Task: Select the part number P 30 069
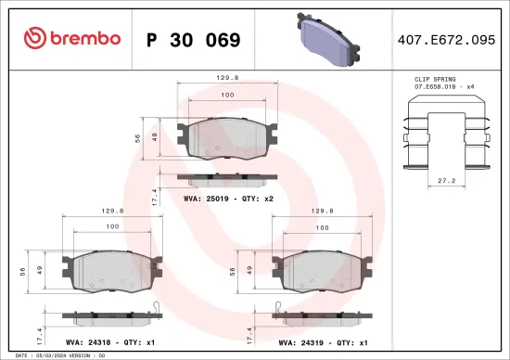(x=193, y=40)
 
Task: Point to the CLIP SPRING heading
(x=434, y=81)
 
